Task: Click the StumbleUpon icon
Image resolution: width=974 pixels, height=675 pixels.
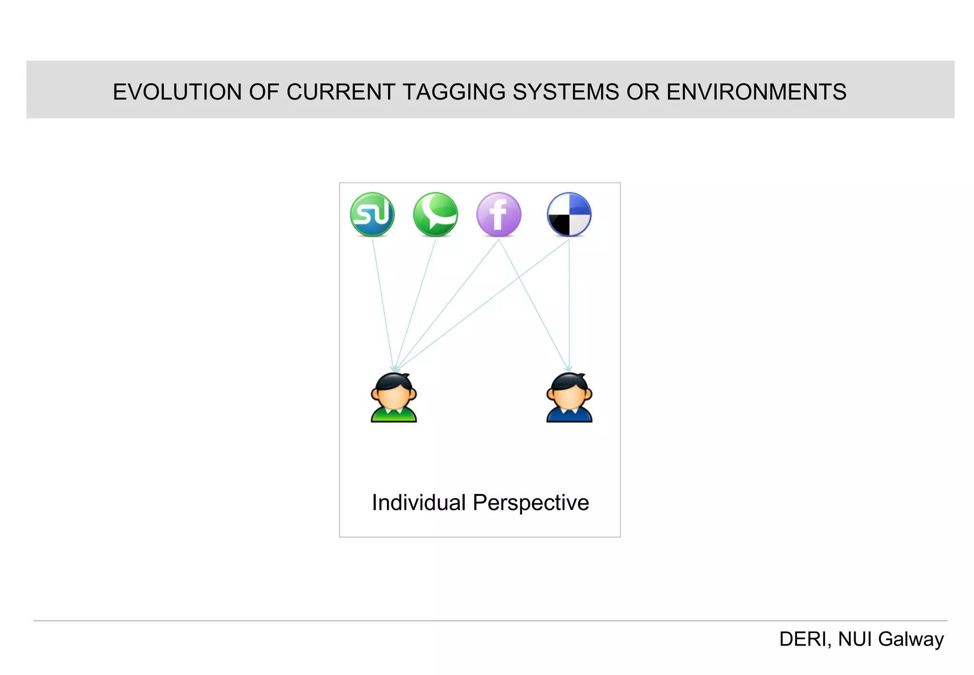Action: click(372, 215)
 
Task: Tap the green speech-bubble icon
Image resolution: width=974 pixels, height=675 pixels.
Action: click(435, 215)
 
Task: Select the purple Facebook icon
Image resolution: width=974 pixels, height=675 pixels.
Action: click(498, 215)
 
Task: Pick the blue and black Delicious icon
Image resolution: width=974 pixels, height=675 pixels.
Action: click(569, 215)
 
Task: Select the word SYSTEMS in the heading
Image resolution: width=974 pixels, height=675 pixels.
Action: click(566, 92)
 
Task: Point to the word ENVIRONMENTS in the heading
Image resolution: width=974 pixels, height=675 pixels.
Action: click(756, 92)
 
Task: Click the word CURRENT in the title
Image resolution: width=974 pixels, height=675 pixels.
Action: click(341, 92)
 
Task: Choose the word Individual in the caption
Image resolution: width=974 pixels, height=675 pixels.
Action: click(419, 503)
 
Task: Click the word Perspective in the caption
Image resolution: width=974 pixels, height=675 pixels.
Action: click(531, 503)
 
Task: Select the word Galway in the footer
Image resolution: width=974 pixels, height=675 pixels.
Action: click(910, 639)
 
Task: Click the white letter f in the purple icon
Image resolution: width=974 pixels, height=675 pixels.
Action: click(498, 215)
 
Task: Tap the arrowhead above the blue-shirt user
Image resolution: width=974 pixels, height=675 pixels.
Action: click(568, 369)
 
